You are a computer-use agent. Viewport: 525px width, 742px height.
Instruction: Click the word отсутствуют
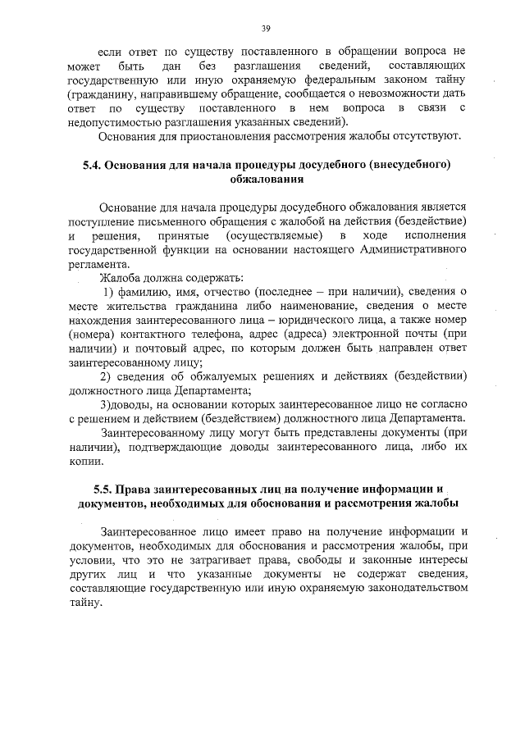pyautogui.click(x=435, y=134)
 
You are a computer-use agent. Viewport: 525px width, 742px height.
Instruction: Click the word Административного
pyautogui.click(x=409, y=251)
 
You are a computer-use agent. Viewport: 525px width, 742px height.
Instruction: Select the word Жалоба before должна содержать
pyautogui.click(x=120, y=278)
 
